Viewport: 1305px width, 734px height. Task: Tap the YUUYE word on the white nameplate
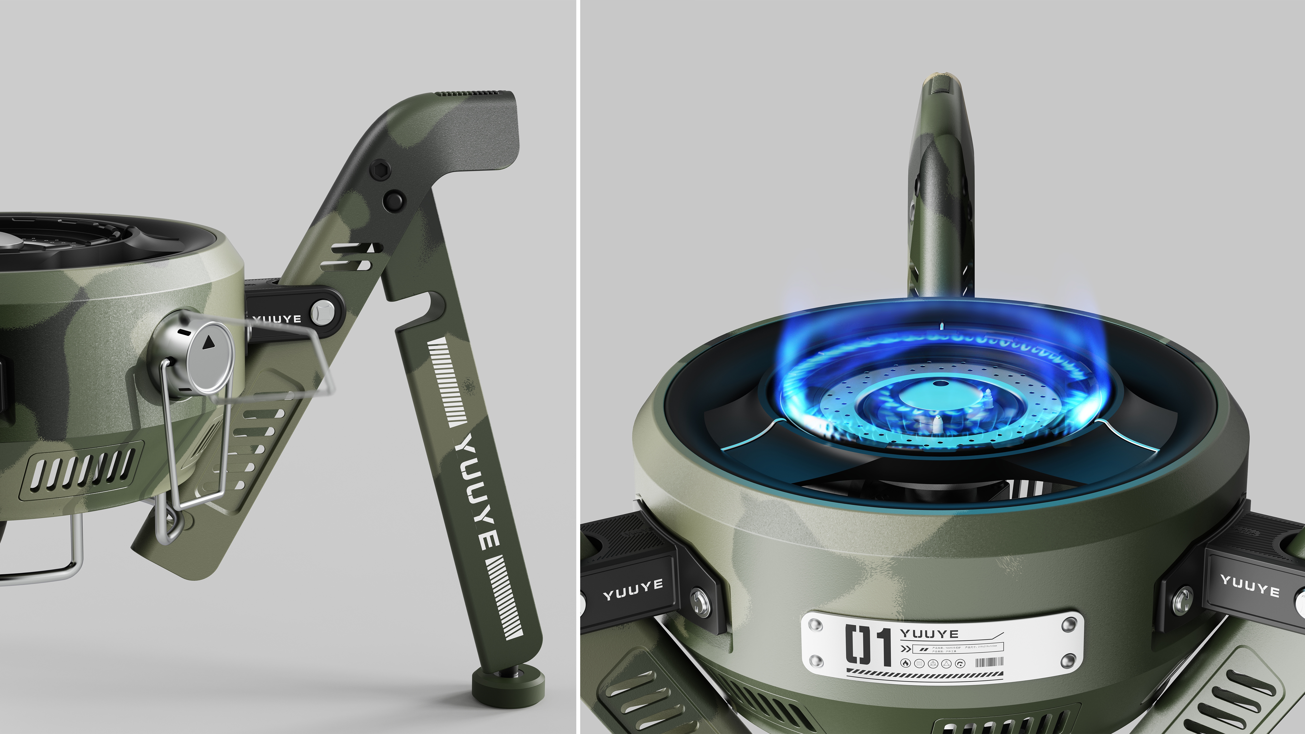[x=929, y=634]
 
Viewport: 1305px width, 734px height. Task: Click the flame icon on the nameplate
[x=905, y=663]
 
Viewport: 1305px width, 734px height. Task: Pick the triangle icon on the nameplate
[x=945, y=663]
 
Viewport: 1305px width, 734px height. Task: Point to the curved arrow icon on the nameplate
[x=959, y=663]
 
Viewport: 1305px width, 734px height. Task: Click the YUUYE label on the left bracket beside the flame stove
[x=633, y=589]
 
